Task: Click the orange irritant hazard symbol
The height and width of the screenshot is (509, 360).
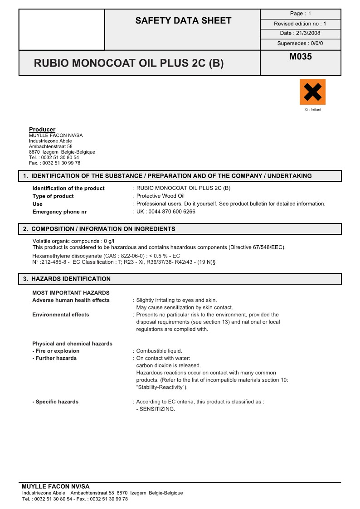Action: pos(312,92)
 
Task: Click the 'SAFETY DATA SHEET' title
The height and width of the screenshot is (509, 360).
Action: pos(183,20)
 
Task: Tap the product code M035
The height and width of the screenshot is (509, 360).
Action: pos(300,57)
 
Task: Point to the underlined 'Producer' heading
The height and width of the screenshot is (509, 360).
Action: pos(42,129)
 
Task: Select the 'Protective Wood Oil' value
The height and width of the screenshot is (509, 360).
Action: pos(161,196)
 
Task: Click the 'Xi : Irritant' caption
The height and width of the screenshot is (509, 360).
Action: pos(312,110)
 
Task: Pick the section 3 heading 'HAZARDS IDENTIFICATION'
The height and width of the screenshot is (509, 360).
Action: pos(71,279)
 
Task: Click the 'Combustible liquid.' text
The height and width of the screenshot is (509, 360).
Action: pos(159,351)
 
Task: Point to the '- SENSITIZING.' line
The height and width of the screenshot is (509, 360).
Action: pos(156,409)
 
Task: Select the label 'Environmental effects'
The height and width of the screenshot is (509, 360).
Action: pos(61,315)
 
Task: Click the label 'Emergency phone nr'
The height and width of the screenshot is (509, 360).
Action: pos(59,212)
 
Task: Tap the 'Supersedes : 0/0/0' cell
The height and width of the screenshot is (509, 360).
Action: pos(300,44)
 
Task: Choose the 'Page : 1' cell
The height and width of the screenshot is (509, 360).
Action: pos(300,14)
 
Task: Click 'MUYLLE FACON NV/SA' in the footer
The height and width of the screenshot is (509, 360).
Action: pos(56,486)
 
